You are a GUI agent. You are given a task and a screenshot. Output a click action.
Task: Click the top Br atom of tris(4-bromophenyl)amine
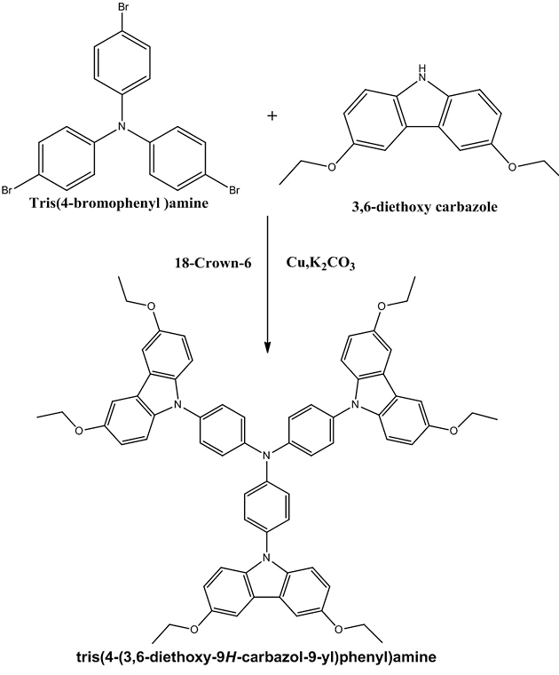[x=120, y=10]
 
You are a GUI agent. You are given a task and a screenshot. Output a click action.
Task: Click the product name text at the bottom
[x=266, y=658]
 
